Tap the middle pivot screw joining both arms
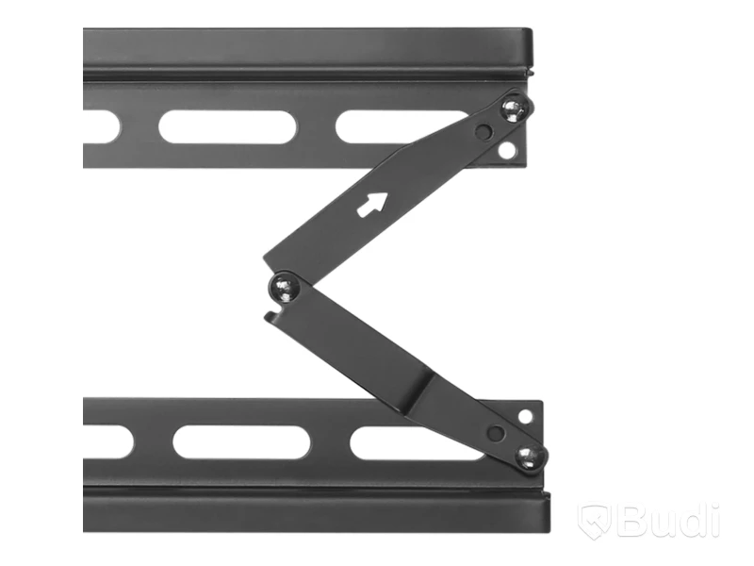286,288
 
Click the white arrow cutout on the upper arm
372,204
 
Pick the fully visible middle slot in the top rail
227,127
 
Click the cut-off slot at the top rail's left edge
102,127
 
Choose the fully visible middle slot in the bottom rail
241,441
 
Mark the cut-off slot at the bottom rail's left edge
107,441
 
